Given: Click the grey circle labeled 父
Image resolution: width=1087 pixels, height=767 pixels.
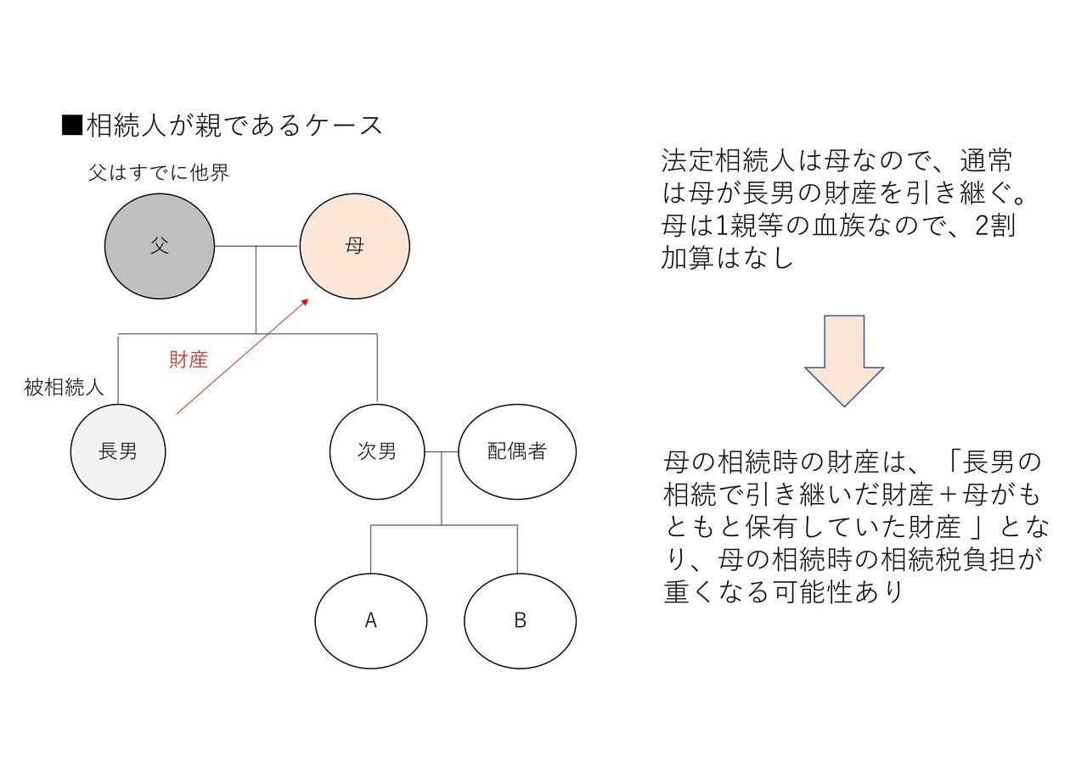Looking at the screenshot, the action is click(x=160, y=246).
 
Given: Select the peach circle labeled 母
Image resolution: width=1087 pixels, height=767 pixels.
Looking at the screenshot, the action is click(x=355, y=246).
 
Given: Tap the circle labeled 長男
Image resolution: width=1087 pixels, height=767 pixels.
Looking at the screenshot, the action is click(x=118, y=452).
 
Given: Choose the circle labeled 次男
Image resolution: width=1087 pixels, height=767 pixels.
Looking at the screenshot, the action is click(x=377, y=452).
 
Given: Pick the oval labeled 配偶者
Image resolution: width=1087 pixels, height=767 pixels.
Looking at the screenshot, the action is click(x=517, y=452).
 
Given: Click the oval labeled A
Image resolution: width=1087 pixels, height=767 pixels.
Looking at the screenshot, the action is click(x=371, y=621).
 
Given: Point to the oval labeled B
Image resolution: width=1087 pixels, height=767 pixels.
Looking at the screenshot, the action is click(x=521, y=621).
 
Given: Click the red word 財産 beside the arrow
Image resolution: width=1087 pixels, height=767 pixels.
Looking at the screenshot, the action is click(x=189, y=360).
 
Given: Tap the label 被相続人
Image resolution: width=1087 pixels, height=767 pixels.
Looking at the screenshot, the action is click(x=64, y=388).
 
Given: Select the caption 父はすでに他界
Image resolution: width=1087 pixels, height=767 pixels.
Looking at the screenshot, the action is click(x=159, y=172).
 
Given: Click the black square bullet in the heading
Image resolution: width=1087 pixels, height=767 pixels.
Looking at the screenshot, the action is click(x=72, y=125).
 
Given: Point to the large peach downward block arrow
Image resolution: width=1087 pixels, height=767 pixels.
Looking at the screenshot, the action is click(x=844, y=361).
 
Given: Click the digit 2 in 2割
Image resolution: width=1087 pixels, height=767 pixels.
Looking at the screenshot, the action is click(x=983, y=226).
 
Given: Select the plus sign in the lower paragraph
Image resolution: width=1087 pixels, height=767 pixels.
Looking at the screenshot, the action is click(x=948, y=495).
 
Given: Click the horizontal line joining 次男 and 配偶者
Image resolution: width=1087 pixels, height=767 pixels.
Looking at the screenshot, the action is click(x=441, y=452).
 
